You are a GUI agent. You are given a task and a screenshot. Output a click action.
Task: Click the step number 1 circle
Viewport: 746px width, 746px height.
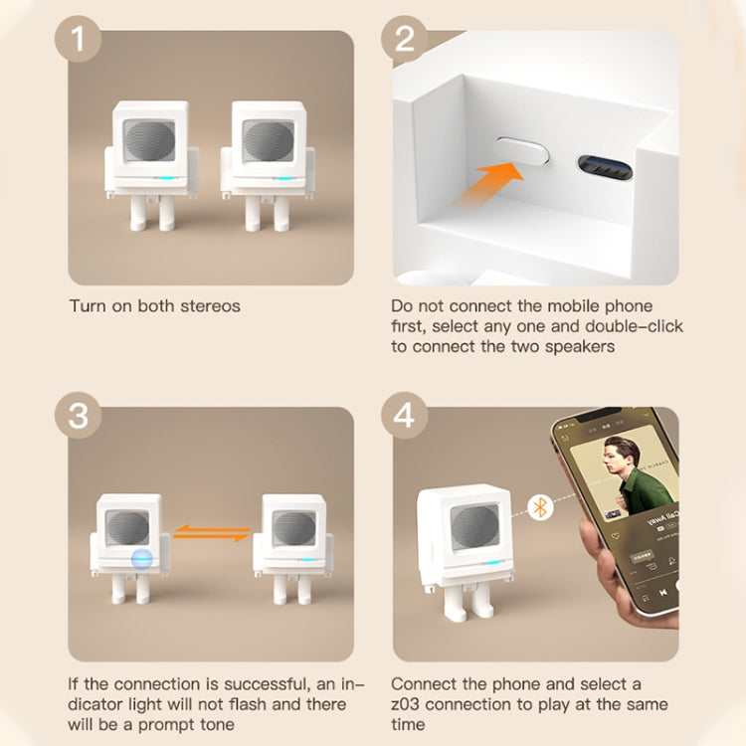pos(78,39)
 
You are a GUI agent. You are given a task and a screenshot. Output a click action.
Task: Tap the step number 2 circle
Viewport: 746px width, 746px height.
pos(405,39)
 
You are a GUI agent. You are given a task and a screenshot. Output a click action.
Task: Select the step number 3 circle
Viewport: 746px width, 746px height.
pos(78,415)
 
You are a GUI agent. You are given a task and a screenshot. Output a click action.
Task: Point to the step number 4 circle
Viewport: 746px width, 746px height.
pos(405,415)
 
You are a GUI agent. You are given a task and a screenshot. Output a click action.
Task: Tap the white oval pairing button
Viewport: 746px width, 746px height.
pos(522,150)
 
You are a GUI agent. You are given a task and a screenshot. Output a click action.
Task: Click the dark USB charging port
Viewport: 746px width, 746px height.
pos(605,167)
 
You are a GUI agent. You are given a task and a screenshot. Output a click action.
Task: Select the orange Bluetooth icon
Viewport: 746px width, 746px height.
pos(540,506)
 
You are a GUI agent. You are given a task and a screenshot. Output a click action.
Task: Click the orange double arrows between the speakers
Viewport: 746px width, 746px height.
pos(212,532)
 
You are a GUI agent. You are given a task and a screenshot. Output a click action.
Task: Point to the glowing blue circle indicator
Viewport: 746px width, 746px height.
pos(142,559)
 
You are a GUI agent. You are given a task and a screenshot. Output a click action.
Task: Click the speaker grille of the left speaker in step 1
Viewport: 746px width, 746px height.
pos(149,141)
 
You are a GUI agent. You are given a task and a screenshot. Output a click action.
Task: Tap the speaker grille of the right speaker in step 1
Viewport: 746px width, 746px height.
pos(268,141)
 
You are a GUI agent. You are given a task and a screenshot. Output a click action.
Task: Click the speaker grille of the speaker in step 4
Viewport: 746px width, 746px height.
pos(475,528)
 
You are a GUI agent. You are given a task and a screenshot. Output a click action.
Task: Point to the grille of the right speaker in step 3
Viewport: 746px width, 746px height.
pos(294,527)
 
